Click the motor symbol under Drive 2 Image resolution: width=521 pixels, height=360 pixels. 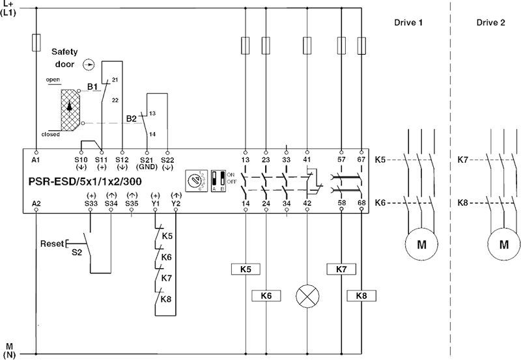tap(503, 245)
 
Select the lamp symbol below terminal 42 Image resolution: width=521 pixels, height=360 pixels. tap(307, 296)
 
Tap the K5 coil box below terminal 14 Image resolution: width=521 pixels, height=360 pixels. tap(245, 268)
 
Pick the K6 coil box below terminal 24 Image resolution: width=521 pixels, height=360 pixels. tap(265, 296)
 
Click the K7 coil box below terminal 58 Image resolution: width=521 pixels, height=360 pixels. tap(341, 268)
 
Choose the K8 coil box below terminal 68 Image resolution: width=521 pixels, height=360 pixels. tap(361, 296)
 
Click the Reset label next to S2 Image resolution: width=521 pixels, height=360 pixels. tap(51, 243)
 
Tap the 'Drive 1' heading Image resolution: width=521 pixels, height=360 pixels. tap(408, 23)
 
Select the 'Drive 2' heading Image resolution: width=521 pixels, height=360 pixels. tap(490, 23)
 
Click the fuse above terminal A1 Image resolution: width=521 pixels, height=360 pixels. tap(36, 44)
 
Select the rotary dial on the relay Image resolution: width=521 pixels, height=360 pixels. tap(193, 180)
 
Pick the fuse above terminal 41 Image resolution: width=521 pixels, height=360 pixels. tap(307, 46)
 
